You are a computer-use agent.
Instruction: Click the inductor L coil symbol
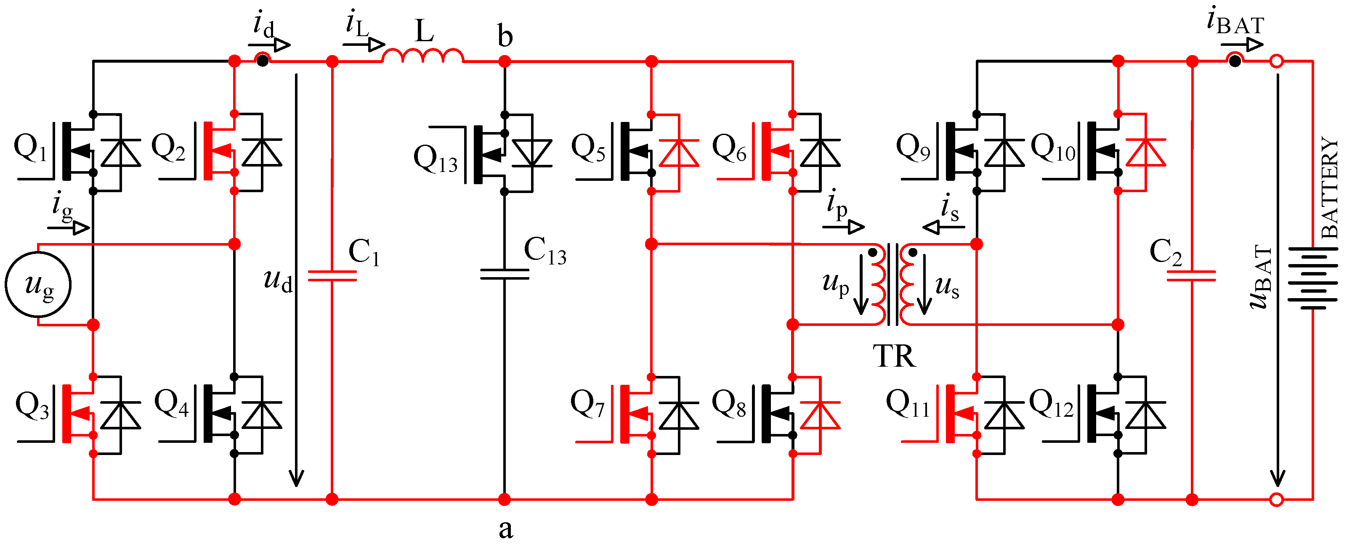pos(423,56)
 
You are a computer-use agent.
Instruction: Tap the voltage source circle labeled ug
pos(38,285)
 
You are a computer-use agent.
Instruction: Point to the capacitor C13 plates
pos(505,274)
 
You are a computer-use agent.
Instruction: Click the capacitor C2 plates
pos(1191,276)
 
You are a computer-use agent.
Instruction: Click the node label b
pos(505,37)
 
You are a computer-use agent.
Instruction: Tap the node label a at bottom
pos(505,529)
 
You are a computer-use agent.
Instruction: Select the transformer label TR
pos(894,357)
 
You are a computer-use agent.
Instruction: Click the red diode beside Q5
pos(679,153)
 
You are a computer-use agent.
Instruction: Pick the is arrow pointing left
pos(943,227)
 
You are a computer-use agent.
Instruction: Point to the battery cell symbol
pos(1312,278)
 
